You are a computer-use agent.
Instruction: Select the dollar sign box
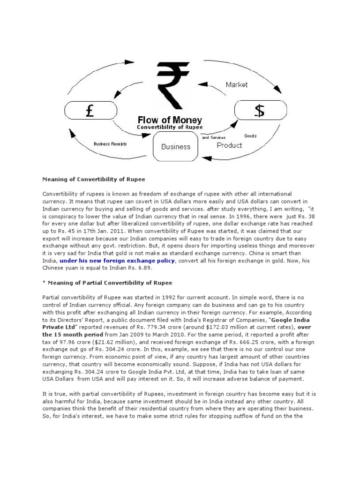260,111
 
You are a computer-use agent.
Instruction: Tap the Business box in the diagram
176,146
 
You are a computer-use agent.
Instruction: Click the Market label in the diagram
237,85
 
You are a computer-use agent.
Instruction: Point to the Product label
229,145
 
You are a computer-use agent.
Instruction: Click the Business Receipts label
110,144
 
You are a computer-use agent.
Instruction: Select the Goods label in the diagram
250,136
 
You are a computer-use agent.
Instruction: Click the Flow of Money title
170,120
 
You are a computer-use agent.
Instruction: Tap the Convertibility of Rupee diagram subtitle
170,127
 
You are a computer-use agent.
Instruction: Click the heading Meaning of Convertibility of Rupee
94,179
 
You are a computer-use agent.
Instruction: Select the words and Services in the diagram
214,138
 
